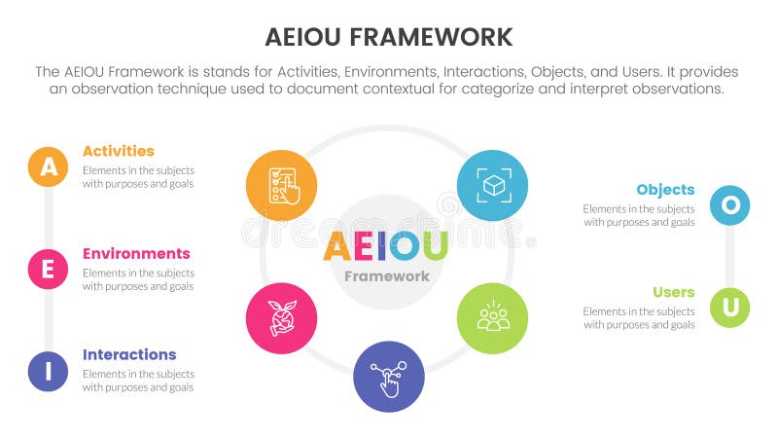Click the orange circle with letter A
tap(48, 166)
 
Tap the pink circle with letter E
tap(48, 269)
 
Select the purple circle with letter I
tap(48, 371)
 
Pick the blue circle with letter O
tap(729, 205)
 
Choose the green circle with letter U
tap(729, 308)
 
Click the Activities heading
tap(118, 151)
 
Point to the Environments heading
tap(136, 253)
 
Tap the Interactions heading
tap(129, 354)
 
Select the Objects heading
tap(665, 190)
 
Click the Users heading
tap(674, 292)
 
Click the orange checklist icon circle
tap(280, 184)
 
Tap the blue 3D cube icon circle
tap(492, 184)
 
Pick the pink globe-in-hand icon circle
tap(280, 318)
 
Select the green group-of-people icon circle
tap(492, 318)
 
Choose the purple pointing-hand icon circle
tap(389, 376)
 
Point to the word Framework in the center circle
tap(387, 275)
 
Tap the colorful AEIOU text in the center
tap(385, 247)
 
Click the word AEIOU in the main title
tap(302, 38)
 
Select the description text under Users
tap(639, 318)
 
